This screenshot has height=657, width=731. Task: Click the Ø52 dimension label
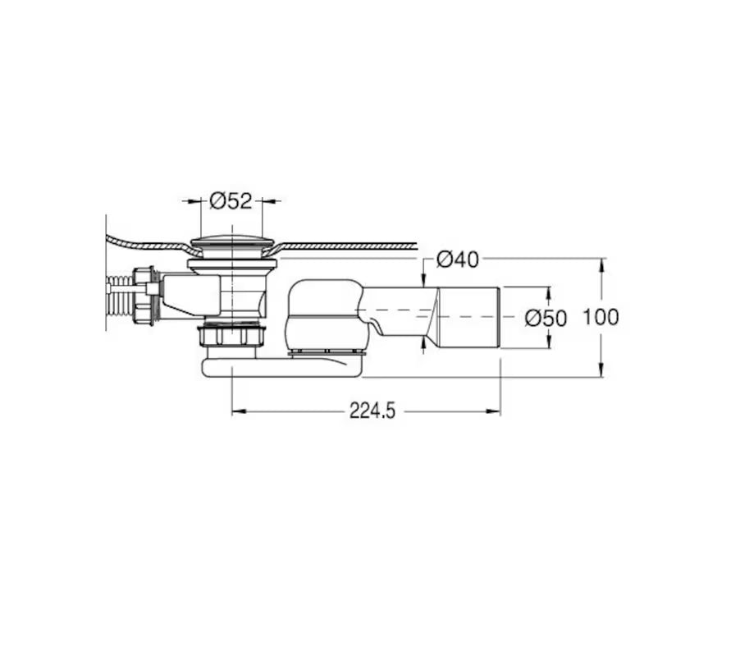tap(231, 201)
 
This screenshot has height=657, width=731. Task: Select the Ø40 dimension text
tap(458, 260)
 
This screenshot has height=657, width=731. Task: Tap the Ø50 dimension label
tap(546, 319)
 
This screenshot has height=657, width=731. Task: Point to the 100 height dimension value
tap(601, 317)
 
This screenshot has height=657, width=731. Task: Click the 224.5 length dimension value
tap(372, 411)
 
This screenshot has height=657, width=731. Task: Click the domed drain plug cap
tap(231, 244)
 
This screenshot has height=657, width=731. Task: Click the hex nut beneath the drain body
tap(231, 336)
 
